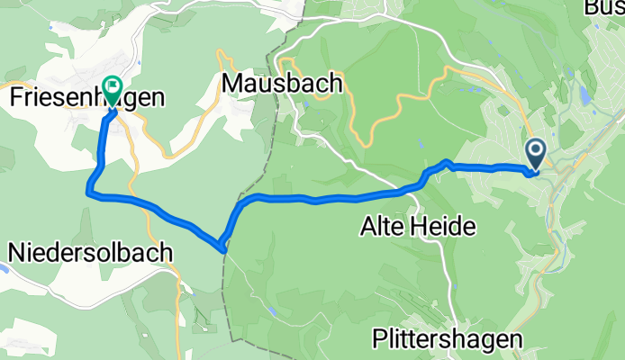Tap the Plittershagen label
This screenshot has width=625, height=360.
tap(448, 339)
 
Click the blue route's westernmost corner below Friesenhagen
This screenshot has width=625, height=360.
tap(88, 190)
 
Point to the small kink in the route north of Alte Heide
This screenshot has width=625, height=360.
tap(446, 163)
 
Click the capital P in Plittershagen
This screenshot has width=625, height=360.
tap(379, 338)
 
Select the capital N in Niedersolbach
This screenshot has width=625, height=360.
tap(16, 254)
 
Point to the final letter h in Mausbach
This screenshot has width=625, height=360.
tap(335, 84)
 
